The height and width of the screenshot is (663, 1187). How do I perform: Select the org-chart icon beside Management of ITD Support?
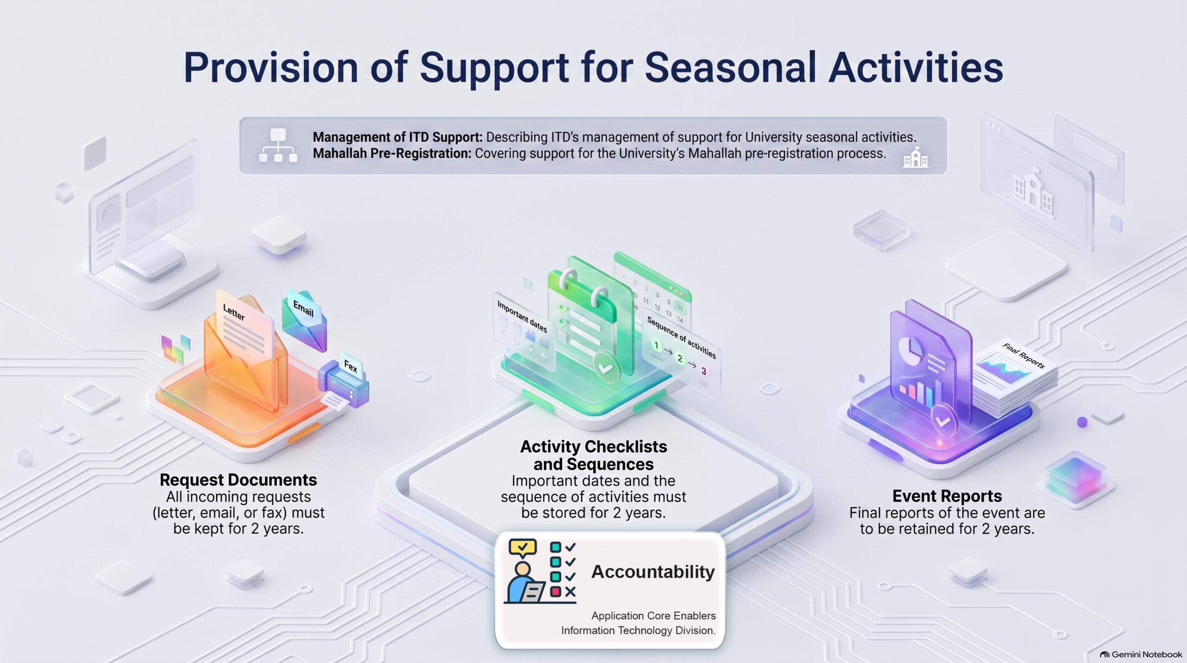(x=278, y=145)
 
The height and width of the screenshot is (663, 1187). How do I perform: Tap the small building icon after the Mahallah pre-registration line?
(x=916, y=157)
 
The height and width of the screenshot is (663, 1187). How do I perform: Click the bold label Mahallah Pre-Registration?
(x=392, y=154)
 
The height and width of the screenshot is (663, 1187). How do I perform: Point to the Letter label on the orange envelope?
(x=234, y=312)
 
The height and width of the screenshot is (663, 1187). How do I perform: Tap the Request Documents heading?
(x=238, y=480)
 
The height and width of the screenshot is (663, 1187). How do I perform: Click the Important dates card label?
(x=522, y=316)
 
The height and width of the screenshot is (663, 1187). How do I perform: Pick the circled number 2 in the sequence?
(x=680, y=359)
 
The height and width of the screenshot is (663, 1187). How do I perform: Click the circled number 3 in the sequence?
(x=704, y=371)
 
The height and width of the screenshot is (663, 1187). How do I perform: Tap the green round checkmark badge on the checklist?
(x=606, y=368)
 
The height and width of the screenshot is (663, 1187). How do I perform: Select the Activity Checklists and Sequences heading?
(x=593, y=455)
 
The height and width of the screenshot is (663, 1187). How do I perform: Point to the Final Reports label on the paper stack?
(x=1023, y=356)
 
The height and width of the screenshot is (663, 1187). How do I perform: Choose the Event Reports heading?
(x=947, y=496)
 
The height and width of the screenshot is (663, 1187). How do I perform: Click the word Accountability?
(x=653, y=572)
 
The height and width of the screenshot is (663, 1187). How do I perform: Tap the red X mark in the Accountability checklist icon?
(x=570, y=592)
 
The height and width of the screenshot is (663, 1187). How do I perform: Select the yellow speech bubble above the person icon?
(x=523, y=548)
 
